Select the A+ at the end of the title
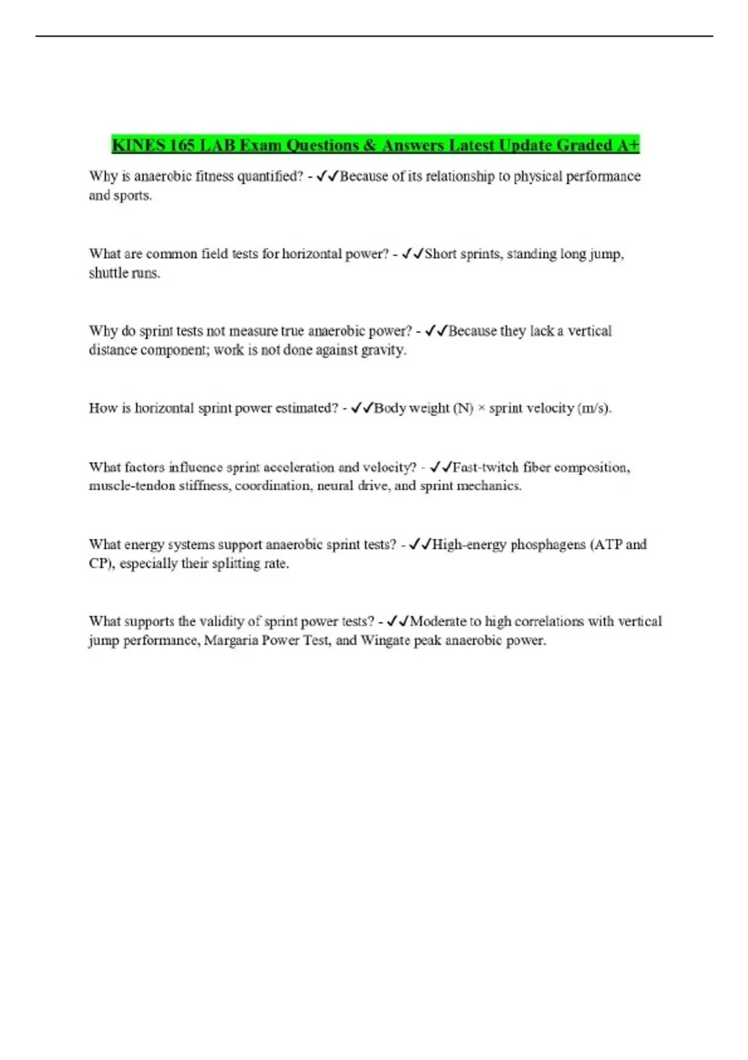click(628, 145)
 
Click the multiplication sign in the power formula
click(481, 408)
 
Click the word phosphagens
click(548, 544)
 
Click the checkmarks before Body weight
click(362, 408)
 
